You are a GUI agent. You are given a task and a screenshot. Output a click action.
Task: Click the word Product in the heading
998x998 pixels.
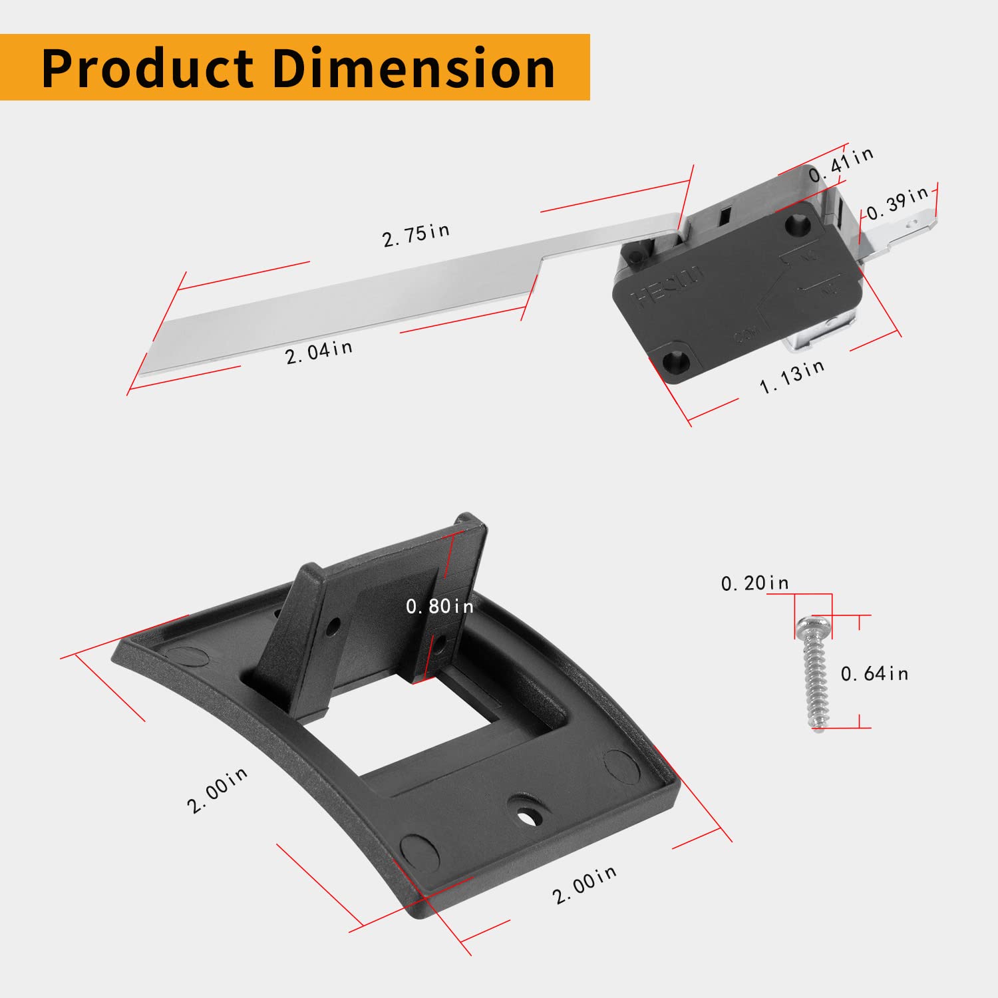[147, 68]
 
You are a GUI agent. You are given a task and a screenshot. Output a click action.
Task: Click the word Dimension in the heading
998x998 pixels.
[413, 68]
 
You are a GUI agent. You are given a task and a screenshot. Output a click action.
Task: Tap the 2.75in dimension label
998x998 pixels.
[416, 235]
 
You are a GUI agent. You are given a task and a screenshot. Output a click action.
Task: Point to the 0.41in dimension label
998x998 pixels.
[841, 164]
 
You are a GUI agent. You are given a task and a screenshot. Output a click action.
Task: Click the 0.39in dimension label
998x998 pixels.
[898, 203]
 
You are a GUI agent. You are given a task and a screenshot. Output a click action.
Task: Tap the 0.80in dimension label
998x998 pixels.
[440, 606]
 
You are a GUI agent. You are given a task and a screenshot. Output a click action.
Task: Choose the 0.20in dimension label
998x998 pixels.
[754, 583]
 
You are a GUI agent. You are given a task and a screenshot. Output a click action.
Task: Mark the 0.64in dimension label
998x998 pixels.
[874, 674]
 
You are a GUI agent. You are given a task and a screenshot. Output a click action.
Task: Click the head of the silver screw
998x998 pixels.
[812, 626]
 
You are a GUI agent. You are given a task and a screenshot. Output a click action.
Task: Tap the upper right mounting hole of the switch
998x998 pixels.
[795, 224]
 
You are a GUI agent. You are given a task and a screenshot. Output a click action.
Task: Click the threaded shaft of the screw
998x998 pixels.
[816, 685]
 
